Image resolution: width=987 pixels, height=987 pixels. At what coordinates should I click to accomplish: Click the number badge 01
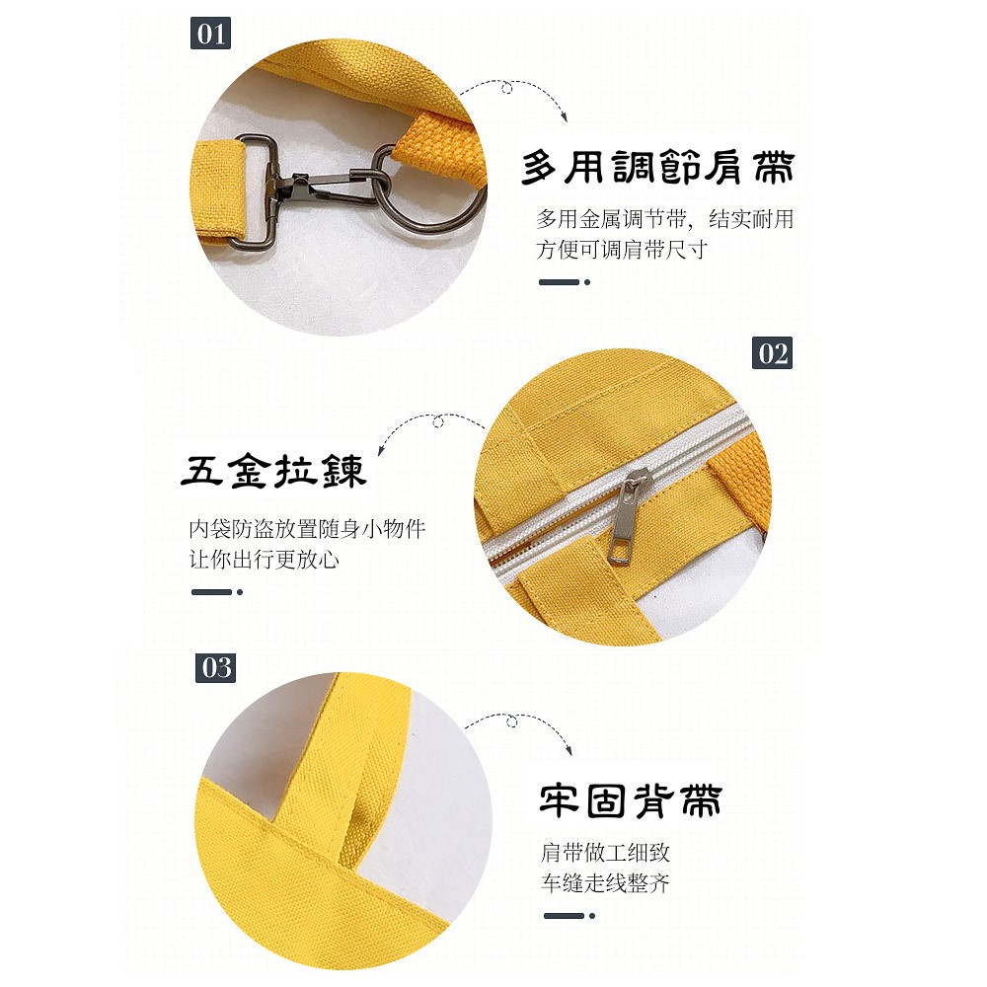(210, 34)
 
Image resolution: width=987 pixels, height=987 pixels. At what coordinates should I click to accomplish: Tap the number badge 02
(773, 353)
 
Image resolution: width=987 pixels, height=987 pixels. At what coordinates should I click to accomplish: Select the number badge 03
(216, 668)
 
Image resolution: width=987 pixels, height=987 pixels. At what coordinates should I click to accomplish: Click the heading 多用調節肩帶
(658, 168)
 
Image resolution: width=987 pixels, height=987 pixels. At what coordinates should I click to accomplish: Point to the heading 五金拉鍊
(273, 472)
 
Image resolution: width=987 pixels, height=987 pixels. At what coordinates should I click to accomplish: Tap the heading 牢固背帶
(631, 800)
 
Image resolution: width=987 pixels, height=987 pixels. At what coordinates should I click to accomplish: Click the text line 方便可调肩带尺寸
(621, 250)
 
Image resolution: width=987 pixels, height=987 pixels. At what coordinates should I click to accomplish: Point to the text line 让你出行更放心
(265, 560)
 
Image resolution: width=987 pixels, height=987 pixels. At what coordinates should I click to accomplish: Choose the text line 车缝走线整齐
(605, 883)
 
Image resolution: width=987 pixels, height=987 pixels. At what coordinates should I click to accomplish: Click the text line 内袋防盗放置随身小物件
(307, 529)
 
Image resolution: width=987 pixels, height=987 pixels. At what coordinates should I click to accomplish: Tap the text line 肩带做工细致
(605, 853)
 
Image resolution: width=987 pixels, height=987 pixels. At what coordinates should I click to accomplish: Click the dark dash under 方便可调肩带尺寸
(565, 282)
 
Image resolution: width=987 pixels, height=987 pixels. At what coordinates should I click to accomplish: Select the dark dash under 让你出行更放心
(217, 591)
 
